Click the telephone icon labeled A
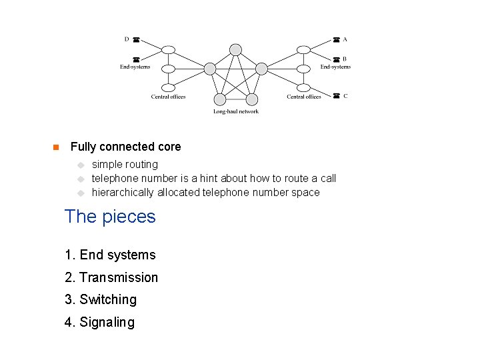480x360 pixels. click(x=337, y=40)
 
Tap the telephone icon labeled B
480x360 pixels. click(x=337, y=59)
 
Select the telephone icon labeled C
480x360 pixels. click(x=337, y=96)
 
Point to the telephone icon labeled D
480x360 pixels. click(x=135, y=40)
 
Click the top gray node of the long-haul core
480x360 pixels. click(x=235, y=49)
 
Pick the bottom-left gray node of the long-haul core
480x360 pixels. click(x=220, y=99)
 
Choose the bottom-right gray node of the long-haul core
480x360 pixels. click(x=251, y=99)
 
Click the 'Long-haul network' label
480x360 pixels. click(x=236, y=111)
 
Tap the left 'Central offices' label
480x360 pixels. click(x=168, y=97)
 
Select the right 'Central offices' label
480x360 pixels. click(x=304, y=97)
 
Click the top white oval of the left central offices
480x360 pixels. click(x=169, y=49)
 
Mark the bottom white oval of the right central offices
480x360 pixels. click(x=304, y=87)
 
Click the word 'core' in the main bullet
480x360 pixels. click(x=169, y=147)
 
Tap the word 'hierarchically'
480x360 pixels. click(x=123, y=193)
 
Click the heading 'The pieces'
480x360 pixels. click(x=110, y=217)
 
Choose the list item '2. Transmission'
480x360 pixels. click(x=111, y=277)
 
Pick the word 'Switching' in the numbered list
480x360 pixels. click(x=108, y=300)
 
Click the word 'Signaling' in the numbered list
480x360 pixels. click(x=107, y=323)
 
